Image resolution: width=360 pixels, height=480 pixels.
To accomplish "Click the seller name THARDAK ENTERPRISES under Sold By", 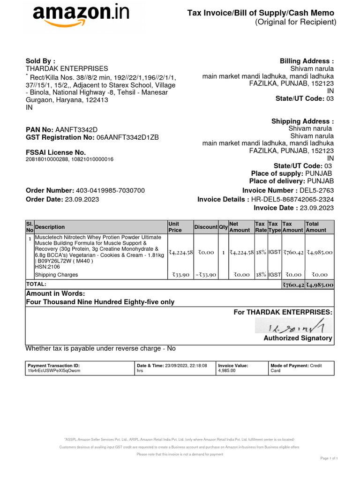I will tap(66, 68).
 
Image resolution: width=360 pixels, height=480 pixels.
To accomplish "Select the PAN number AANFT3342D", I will tap(76, 129).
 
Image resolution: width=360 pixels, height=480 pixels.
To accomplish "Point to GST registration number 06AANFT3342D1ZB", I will tap(127, 137).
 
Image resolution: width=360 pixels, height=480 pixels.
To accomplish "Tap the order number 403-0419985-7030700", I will tap(110, 190).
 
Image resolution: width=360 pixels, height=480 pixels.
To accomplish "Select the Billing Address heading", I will tap(307, 61).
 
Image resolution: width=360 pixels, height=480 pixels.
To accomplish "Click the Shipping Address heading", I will tap(302, 121).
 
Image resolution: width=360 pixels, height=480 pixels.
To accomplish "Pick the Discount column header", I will tap(206, 227).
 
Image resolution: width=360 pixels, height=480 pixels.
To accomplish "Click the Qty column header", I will tap(223, 227).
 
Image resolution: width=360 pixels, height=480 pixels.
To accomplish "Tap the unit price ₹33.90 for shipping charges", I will tap(180, 275).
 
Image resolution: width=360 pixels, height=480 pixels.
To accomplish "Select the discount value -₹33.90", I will tap(206, 275).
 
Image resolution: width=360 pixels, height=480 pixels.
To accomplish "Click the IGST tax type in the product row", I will tap(274, 252).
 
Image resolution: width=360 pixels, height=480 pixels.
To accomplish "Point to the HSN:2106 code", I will tap(45, 266).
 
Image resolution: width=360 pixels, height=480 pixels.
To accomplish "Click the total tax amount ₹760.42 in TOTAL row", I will tap(293, 285).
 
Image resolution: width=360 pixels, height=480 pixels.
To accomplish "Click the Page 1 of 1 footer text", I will tap(329, 458).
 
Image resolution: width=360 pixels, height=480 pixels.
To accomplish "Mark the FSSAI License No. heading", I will tap(56, 152).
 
